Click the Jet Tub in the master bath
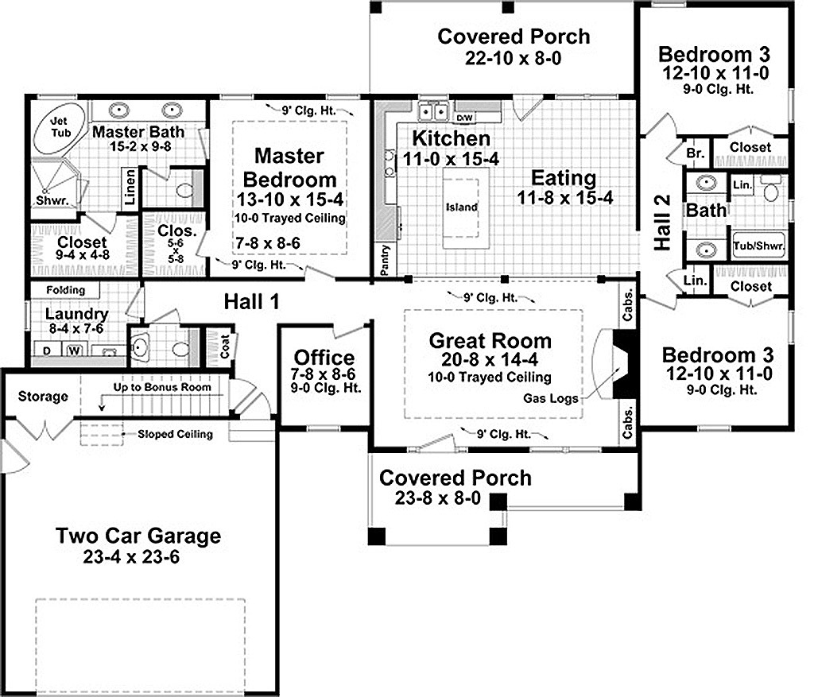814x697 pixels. point(60,128)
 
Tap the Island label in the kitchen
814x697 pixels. point(462,207)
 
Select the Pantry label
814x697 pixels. point(385,260)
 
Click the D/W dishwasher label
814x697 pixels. point(464,118)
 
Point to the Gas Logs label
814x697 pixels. point(550,398)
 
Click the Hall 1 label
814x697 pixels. point(251,301)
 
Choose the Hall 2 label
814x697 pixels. point(662,223)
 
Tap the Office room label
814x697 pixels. point(324,358)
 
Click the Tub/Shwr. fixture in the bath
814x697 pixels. point(758,246)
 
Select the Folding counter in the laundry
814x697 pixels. point(65,289)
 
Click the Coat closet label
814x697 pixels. point(225,347)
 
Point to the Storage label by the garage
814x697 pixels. point(43,397)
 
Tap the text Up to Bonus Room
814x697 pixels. point(162,387)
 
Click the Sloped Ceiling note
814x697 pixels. point(175,434)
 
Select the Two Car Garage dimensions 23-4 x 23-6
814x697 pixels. point(131,557)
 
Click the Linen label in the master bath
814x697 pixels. point(130,187)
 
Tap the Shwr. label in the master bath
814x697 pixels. point(52,200)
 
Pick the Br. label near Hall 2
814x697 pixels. point(695,153)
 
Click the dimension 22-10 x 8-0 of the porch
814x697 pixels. point(513,58)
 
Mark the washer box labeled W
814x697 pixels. point(74,350)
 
